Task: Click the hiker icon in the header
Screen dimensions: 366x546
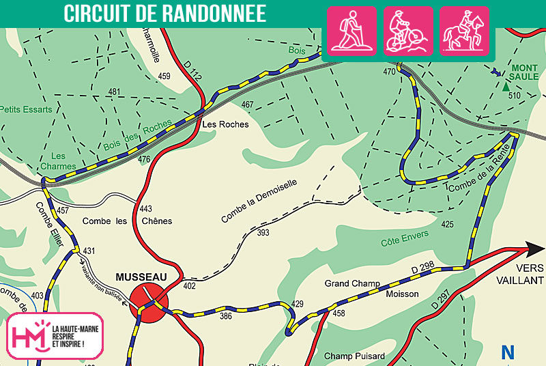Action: pyautogui.click(x=353, y=31)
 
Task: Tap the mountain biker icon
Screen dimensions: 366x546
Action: pyautogui.click(x=408, y=31)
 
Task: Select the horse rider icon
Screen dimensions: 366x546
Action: pyautogui.click(x=464, y=31)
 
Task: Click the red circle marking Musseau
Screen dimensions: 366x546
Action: pyautogui.click(x=149, y=299)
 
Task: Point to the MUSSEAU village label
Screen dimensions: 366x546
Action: pyautogui.click(x=141, y=277)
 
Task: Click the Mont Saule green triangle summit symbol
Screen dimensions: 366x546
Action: pyautogui.click(x=506, y=86)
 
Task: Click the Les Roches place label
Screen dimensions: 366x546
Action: pyautogui.click(x=225, y=125)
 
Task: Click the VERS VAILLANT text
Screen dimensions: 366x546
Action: pyautogui.click(x=530, y=274)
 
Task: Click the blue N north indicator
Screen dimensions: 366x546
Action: pyautogui.click(x=508, y=352)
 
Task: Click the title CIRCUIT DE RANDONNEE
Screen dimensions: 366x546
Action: pyautogui.click(x=164, y=12)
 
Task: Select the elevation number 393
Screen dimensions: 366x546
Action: pyautogui.click(x=263, y=234)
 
